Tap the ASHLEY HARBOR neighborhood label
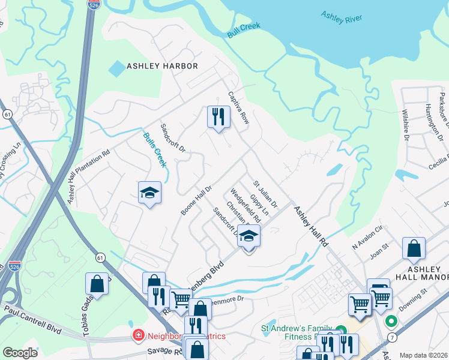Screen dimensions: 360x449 161,66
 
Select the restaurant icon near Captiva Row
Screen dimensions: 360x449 218,116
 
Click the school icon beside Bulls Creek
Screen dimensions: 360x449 149,193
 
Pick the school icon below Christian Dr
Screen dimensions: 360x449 249,238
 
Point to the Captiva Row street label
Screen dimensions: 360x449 238,108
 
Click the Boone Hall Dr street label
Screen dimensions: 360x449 197,200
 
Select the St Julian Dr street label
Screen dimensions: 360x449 265,194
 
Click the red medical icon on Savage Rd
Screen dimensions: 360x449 137,335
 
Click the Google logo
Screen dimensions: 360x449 20,353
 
